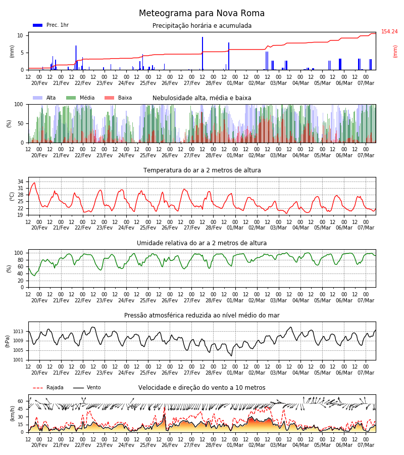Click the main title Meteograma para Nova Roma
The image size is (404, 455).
(201, 13)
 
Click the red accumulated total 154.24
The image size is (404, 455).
(389, 32)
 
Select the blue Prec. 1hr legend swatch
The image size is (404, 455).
(38, 25)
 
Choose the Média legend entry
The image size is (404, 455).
(80, 98)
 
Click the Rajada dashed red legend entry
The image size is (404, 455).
(48, 388)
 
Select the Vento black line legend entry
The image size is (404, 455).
(87, 388)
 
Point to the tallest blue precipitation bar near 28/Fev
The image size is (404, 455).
(203, 54)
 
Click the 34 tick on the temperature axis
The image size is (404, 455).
(20, 181)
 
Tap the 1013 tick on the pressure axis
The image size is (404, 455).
(19, 331)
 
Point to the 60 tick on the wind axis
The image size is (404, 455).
(20, 401)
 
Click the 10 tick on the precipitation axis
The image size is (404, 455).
(20, 35)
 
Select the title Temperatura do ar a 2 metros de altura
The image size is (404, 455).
(202, 170)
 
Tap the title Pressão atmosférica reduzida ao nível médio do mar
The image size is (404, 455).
(202, 315)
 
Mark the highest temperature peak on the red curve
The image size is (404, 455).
(34, 183)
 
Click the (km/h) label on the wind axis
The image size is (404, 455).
(13, 414)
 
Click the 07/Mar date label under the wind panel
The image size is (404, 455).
(366, 445)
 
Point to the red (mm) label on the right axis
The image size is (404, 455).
(395, 52)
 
